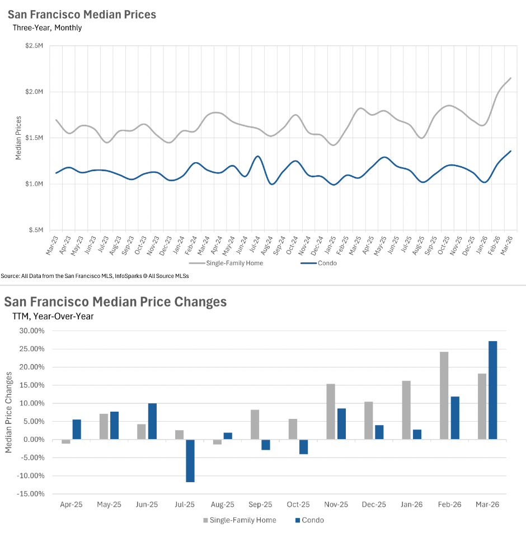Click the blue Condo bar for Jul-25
point(190,460)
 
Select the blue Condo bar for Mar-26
point(492,390)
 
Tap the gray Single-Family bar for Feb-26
point(444,395)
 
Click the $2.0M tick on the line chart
point(35,92)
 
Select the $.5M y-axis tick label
point(36,230)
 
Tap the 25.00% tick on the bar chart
point(33,349)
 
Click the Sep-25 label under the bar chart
point(260,504)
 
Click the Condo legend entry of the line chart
point(327,263)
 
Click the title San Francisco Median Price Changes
point(115,302)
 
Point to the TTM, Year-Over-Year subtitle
point(53,316)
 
